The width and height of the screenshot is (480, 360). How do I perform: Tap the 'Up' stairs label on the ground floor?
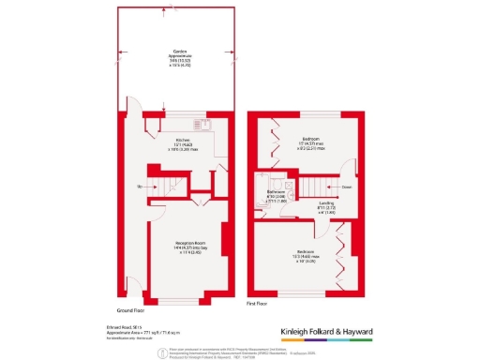139,188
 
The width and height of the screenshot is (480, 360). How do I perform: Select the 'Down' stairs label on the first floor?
347,187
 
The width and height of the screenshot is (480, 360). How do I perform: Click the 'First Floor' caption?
259,304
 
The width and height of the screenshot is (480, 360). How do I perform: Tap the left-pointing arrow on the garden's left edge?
119,52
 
